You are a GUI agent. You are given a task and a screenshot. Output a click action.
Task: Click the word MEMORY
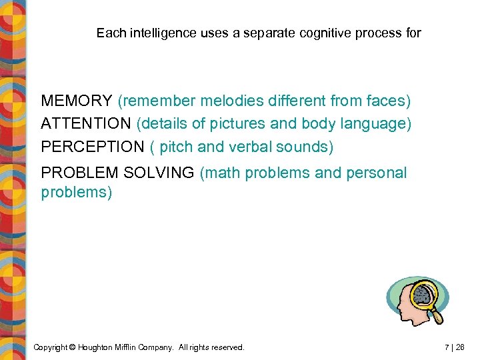tap(77, 101)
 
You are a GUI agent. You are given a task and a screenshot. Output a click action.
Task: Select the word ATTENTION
tap(86, 124)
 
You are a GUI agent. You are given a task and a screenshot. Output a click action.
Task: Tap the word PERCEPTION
tap(92, 147)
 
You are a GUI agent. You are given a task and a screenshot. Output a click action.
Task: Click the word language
tap(374, 124)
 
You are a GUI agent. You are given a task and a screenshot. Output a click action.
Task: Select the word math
tap(224, 173)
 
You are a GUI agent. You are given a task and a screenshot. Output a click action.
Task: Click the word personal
tap(375, 173)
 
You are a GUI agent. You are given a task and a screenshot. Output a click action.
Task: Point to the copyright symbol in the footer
tap(73, 347)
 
